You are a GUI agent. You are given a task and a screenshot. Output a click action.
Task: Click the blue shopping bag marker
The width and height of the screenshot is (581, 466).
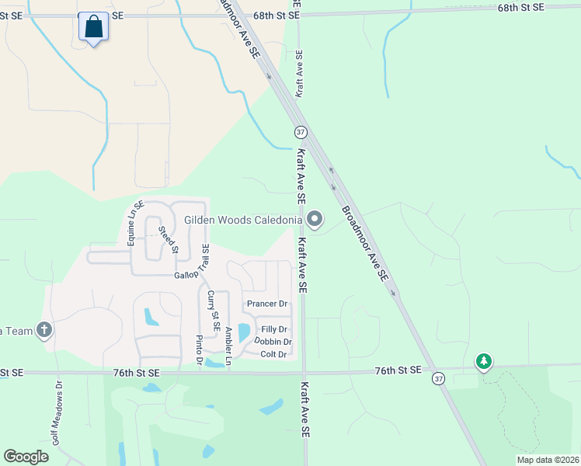tap(93, 27)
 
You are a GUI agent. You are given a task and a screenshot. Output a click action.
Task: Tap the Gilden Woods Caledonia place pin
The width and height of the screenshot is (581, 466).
tap(315, 220)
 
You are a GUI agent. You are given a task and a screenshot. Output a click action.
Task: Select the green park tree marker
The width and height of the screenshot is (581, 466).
tap(484, 361)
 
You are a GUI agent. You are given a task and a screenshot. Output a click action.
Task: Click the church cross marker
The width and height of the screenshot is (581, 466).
tap(44, 331)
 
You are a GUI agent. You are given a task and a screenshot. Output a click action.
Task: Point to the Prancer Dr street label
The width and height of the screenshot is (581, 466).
tap(267, 304)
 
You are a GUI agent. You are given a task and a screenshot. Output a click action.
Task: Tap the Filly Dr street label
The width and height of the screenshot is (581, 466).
tap(275, 329)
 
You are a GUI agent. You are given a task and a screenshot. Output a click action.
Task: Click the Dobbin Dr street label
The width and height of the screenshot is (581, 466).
tap(273, 342)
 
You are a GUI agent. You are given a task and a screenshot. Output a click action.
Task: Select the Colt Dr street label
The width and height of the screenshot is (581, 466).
tap(273, 354)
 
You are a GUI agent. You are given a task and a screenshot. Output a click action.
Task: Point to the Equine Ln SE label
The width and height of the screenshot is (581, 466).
tap(132, 222)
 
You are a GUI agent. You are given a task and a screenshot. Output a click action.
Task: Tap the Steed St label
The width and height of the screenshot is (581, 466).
tap(169, 239)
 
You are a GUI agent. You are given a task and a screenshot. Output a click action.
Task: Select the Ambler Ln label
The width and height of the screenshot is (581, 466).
tap(228, 346)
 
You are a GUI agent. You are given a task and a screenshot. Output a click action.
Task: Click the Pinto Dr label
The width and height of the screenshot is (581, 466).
tap(200, 350)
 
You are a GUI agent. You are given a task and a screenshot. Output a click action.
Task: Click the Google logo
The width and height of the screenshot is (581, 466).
tap(26, 457)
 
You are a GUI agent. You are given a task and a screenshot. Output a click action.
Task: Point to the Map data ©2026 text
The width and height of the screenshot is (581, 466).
tap(547, 460)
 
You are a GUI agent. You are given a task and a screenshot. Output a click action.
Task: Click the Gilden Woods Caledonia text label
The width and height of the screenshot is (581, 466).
tap(242, 220)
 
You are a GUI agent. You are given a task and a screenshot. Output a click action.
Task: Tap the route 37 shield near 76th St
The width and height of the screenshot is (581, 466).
tap(438, 377)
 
